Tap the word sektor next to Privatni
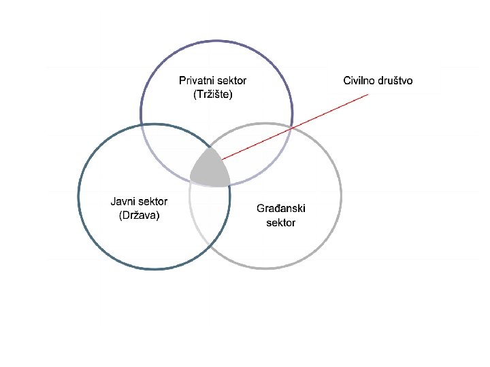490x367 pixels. [232, 81]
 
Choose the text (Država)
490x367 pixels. [139, 216]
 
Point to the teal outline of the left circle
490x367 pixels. [79, 197]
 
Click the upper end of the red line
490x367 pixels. [367, 94]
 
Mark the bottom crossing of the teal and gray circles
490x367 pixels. [208, 245]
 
